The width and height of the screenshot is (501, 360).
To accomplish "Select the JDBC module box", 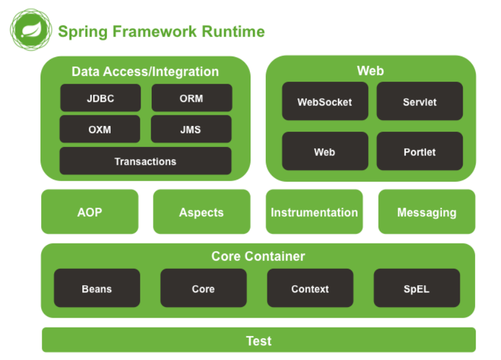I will click(100, 98).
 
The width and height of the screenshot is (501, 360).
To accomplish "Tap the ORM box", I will click(192, 98).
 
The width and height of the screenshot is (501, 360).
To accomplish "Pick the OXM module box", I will click(100, 129).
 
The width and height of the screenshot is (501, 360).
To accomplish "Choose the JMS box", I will click(191, 129).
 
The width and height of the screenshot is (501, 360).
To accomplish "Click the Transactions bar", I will click(145, 161).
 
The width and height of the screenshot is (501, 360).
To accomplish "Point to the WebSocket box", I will click(325, 102).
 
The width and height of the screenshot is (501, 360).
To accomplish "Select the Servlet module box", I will click(419, 102).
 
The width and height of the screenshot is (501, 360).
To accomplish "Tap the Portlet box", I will click(419, 152).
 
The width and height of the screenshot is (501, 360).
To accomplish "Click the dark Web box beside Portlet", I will click(325, 152).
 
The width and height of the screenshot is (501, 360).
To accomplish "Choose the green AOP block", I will click(89, 212).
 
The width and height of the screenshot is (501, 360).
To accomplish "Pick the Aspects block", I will click(201, 212).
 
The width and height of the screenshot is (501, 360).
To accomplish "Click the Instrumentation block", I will click(314, 212).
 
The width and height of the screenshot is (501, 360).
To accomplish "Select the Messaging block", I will click(426, 212).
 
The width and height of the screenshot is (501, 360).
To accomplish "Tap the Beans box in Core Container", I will click(96, 288).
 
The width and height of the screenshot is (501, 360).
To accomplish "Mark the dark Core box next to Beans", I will click(203, 288).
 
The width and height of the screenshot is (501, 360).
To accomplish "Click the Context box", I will click(310, 288).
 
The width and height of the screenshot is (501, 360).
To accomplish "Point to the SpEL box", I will click(416, 288).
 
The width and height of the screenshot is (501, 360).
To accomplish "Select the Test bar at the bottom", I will click(258, 341).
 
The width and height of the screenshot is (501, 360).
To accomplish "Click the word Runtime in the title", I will click(233, 31).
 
